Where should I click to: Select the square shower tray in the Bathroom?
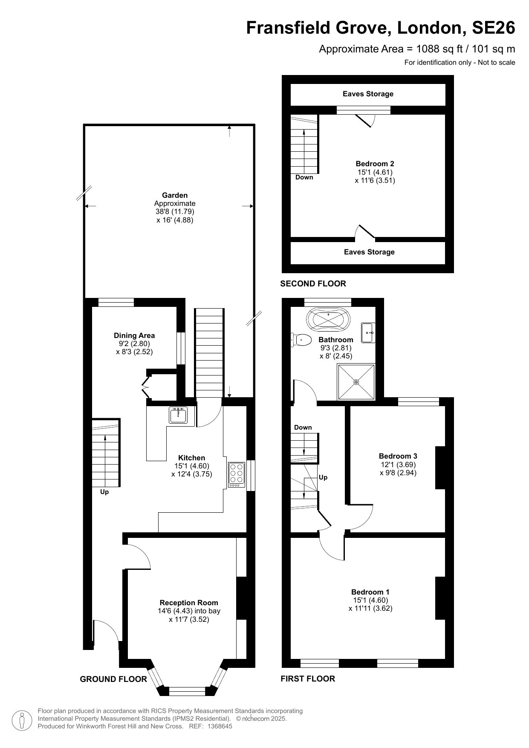tap(356, 382)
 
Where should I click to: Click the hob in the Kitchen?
tap(236, 475)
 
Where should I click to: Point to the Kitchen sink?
tap(178, 415)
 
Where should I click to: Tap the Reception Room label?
tap(189, 603)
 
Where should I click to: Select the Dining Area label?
tap(134, 335)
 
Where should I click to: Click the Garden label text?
tap(175, 196)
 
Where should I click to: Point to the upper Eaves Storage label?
tap(368, 94)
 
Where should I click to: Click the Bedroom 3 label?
tap(398, 456)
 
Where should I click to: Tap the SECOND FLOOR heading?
tap(313, 283)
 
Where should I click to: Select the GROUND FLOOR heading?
tap(113, 679)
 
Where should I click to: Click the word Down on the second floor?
tap(304, 177)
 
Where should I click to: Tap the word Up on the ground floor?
tap(104, 492)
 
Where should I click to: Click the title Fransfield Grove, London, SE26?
tap(381, 28)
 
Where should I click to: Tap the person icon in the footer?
tap(22, 720)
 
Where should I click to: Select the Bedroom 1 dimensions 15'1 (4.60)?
tap(370, 600)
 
